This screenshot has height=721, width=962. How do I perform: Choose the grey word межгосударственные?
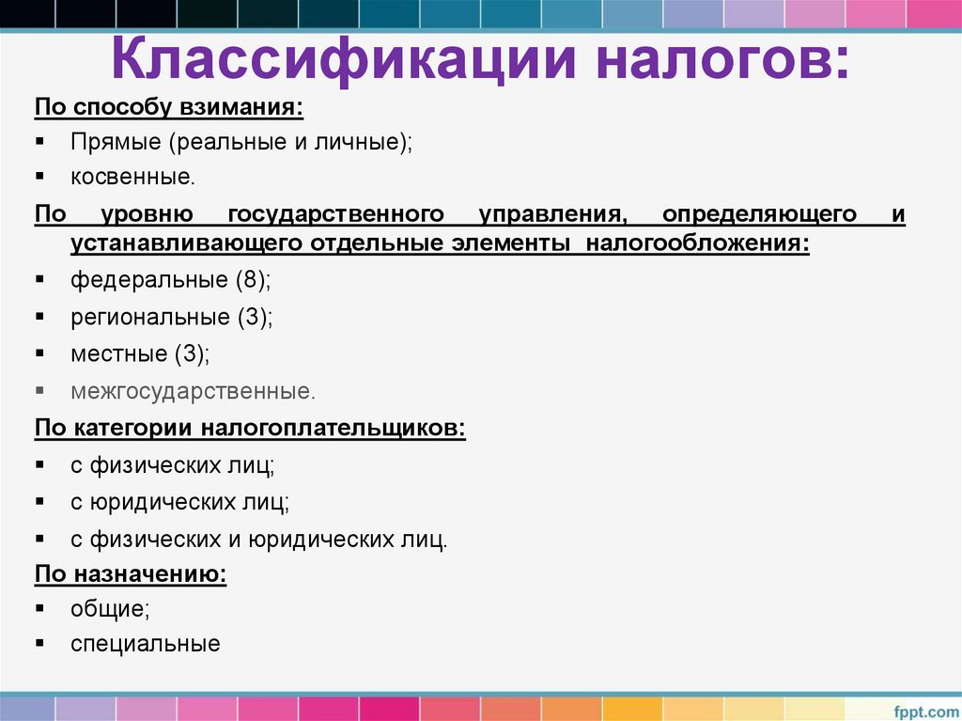(x=191, y=390)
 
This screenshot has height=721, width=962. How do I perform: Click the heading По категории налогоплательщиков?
(x=250, y=428)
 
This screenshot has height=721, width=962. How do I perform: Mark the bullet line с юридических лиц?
(x=179, y=502)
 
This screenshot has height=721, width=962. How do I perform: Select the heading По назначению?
(x=131, y=573)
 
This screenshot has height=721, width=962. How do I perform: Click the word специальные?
(x=145, y=644)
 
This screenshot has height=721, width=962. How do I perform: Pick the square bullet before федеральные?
(x=40, y=279)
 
